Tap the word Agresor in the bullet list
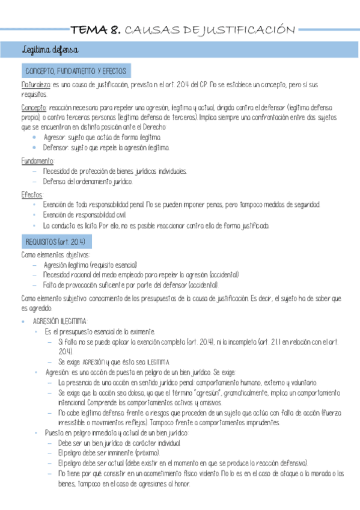point(55,137)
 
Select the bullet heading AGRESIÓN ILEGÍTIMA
point(59,321)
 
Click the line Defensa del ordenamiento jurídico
point(88,182)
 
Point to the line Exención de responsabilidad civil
point(84,215)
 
